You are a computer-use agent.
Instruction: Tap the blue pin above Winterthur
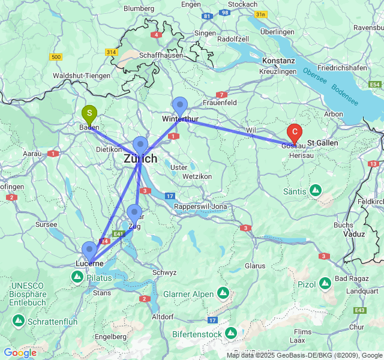(179, 106)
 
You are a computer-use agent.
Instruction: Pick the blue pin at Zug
(134, 213)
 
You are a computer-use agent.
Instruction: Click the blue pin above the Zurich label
(140, 145)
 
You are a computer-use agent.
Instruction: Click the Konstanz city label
(278, 61)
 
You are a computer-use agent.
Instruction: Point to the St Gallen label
(323, 143)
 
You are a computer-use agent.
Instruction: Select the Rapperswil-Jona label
(201, 207)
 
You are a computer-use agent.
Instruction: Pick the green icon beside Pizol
(325, 283)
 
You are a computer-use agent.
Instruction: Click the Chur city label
(356, 327)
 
